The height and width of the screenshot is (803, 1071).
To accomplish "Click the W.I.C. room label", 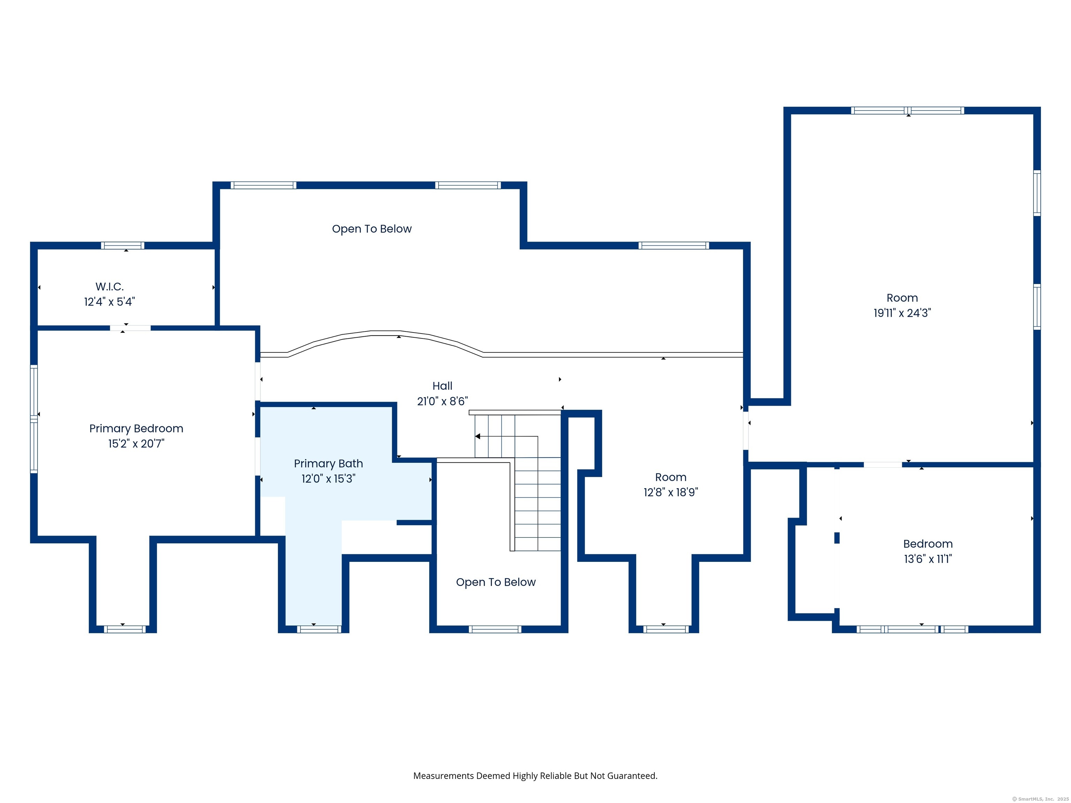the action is [109, 286].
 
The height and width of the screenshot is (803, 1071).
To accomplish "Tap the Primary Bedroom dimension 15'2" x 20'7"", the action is [136, 443].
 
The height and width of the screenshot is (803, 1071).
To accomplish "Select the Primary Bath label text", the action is [328, 463].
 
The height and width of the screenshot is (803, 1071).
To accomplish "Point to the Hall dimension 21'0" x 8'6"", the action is [442, 401].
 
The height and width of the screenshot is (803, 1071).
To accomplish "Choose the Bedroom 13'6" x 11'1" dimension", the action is [928, 559].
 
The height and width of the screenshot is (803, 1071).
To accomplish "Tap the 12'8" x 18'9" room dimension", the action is [670, 492].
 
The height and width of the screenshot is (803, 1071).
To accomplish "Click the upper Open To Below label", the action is [372, 229].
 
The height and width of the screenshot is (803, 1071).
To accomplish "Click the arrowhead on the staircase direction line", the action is [477, 436].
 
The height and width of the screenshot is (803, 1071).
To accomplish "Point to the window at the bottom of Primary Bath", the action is [319, 629].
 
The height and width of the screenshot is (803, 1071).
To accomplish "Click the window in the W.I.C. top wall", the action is [122, 245].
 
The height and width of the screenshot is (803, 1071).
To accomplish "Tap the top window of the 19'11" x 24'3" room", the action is [907, 110].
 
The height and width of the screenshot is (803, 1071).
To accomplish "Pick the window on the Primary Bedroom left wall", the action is [34, 419].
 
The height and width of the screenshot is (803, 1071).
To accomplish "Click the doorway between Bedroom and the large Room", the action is [883, 465].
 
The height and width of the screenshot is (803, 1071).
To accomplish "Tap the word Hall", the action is [442, 386].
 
